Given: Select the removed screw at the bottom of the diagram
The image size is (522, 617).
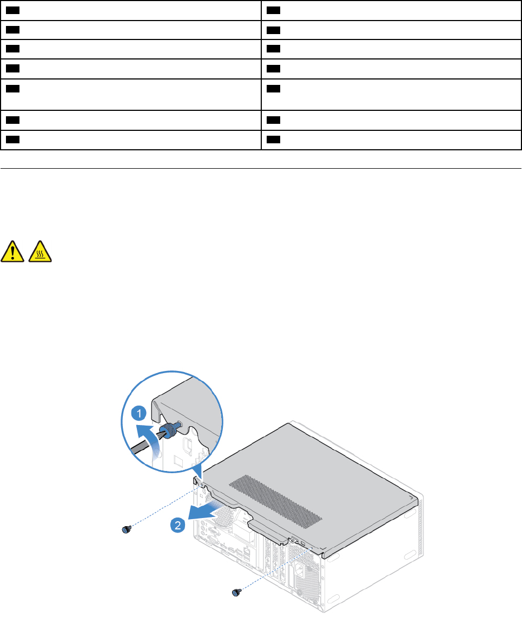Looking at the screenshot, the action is click(x=236, y=593).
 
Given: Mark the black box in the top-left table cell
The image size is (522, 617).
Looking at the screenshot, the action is click(x=14, y=10).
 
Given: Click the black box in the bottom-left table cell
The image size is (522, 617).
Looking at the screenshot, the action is click(x=14, y=139).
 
